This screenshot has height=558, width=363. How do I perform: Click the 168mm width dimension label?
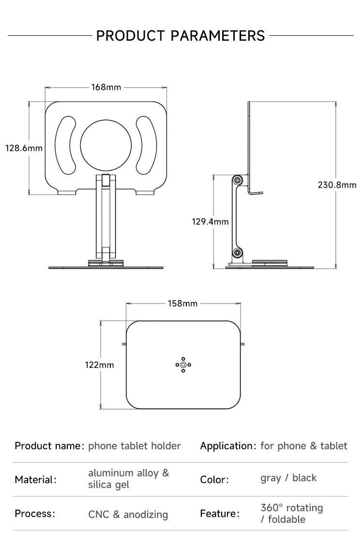[106, 88]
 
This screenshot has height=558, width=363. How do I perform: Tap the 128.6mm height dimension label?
[24, 148]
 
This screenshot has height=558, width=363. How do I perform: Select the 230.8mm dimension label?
[337, 184]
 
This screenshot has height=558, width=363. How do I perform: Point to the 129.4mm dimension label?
[210, 222]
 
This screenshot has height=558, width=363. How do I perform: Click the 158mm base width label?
[182, 303]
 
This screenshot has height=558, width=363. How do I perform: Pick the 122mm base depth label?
[100, 365]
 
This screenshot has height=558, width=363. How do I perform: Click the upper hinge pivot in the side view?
[237, 180]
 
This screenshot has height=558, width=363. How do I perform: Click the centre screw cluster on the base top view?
[183, 364]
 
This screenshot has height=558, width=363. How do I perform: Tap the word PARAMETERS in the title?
[218, 36]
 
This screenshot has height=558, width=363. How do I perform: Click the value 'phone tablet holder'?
[135, 446]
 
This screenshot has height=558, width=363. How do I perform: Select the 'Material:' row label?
[35, 480]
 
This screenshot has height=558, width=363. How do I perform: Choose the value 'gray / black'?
[288, 478]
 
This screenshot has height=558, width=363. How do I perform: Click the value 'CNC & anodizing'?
[128, 514]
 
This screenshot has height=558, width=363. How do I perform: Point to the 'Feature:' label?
[220, 513]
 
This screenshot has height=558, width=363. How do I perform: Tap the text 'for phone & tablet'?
[304, 446]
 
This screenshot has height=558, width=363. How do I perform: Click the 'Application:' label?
[228, 446]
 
